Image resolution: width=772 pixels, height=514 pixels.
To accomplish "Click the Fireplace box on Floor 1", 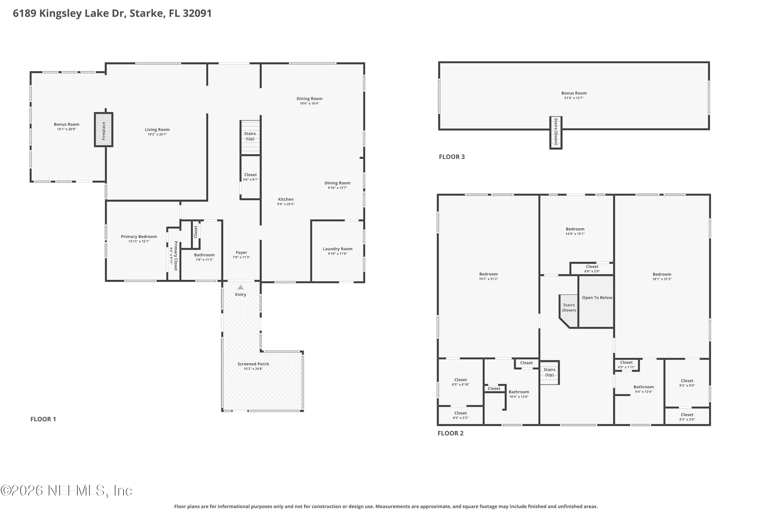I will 104,130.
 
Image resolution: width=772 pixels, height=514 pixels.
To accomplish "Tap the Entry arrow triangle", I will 241,288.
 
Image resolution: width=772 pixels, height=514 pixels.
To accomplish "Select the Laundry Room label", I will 337,249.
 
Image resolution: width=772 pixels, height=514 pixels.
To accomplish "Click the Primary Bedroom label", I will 139,237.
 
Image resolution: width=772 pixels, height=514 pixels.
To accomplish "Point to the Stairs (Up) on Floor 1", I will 250,136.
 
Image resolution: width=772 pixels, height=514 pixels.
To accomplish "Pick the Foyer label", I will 241,252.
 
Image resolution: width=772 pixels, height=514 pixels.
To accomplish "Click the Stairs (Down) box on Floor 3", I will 556,132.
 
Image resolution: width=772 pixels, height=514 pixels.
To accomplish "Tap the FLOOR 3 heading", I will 452,157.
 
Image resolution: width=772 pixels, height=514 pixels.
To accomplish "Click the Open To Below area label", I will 597,298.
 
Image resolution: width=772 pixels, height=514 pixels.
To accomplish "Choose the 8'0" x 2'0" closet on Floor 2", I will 592,269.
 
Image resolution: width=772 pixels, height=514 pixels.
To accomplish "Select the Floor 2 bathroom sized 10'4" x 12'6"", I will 519,394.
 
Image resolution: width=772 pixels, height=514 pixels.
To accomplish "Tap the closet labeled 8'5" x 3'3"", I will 461,415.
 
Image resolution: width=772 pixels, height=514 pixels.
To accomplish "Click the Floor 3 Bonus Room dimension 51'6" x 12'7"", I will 574,98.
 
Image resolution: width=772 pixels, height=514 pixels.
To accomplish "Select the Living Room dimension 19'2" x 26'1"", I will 157,134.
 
